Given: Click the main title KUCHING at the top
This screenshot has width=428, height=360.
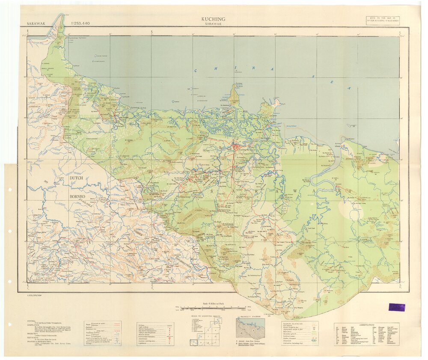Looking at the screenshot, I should click(213, 19).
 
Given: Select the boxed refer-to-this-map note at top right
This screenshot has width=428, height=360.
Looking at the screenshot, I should click(382, 20).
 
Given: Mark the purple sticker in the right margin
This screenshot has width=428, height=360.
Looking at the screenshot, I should click(397, 307).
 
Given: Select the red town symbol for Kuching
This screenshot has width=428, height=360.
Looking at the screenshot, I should click(235, 147).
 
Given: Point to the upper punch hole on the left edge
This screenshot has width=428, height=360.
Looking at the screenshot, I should click(9, 190).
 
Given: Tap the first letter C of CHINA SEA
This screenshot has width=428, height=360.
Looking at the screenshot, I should click(196, 71).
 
